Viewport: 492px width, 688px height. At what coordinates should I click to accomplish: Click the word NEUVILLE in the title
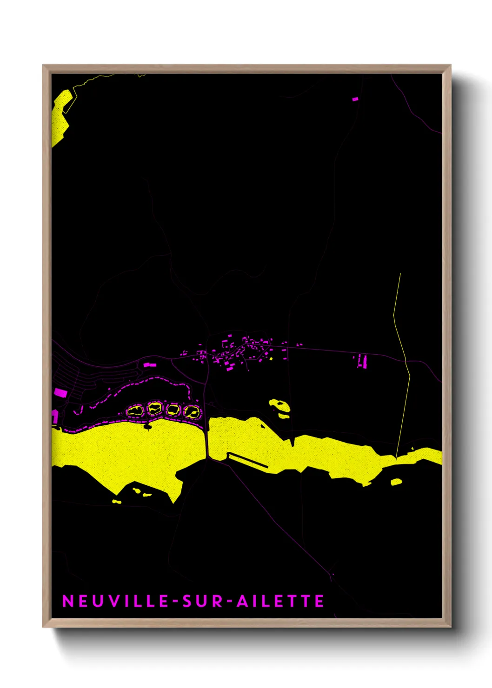pos(115,601)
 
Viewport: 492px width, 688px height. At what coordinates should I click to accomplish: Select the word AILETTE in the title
pos(280,601)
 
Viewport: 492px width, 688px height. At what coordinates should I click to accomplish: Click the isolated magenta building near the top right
pos(355,99)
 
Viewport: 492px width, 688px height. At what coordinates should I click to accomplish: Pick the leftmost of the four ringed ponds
pos(135,410)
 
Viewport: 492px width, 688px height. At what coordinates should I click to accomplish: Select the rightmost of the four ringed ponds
pos(191,411)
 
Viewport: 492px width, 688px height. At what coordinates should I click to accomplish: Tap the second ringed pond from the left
pos(154,409)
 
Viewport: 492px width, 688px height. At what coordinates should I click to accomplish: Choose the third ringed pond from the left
pos(173,410)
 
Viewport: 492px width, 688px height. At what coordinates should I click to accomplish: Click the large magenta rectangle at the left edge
pos(60,393)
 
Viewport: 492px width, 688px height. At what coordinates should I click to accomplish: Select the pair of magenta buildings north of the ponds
pos(149,365)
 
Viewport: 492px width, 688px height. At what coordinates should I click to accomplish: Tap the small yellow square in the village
pos(271,358)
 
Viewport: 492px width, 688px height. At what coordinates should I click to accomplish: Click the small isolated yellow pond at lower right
pos(396,482)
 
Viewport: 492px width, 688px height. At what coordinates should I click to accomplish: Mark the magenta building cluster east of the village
pos(361,361)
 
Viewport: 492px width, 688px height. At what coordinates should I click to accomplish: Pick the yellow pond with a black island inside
pos(280,406)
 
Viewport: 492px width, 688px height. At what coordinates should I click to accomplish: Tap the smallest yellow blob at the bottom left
pos(117,502)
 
